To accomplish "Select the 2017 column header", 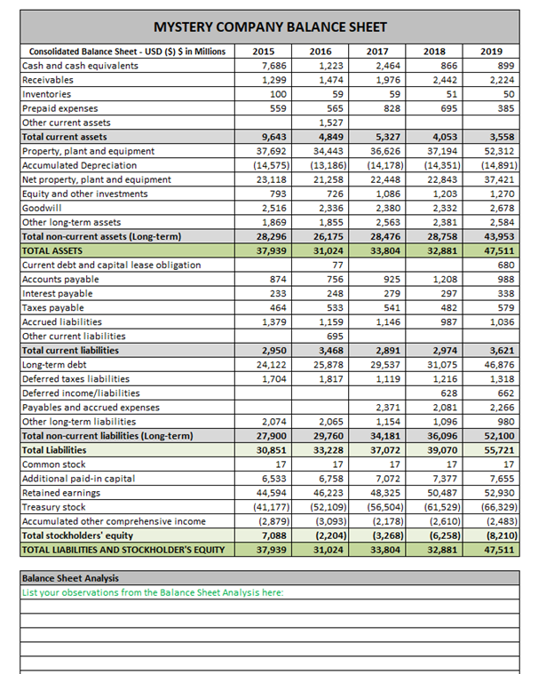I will [x=388, y=52].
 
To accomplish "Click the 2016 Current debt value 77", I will [x=335, y=265].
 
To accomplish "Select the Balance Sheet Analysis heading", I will [x=72, y=578].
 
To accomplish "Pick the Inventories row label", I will [x=45, y=94].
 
